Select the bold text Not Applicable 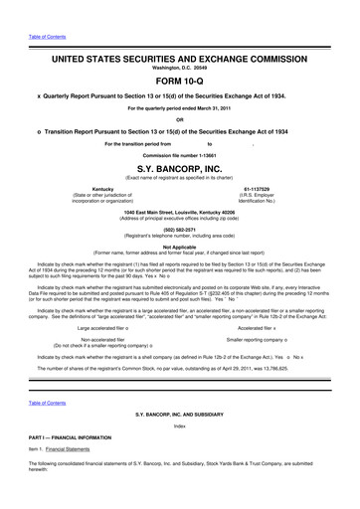coord(179,246)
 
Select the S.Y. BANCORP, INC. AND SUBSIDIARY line coord(179,412)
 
